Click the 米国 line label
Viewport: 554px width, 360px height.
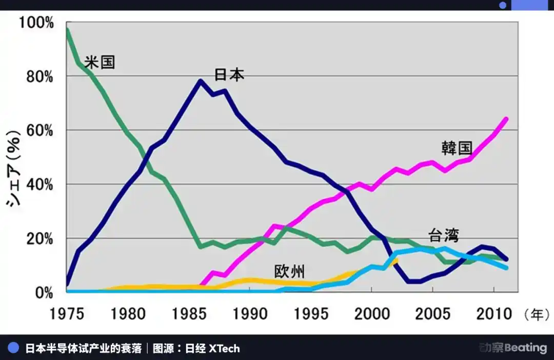pos(100,62)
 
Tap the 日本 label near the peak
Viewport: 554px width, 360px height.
pos(229,74)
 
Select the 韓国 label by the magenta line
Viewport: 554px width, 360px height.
pos(457,148)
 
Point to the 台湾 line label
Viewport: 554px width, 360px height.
pos(444,235)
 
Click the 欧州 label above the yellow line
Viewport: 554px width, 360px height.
pos(289,271)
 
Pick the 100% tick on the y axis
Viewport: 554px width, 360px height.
pos(36,23)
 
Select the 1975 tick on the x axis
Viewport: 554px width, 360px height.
pos(67,313)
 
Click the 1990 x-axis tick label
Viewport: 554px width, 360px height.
pos(250,313)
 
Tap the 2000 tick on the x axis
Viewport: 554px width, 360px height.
pos(372,313)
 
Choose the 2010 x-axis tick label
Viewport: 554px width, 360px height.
pos(493,313)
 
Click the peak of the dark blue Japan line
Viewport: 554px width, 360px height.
pos(200,81)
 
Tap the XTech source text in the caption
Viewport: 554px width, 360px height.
pos(224,349)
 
